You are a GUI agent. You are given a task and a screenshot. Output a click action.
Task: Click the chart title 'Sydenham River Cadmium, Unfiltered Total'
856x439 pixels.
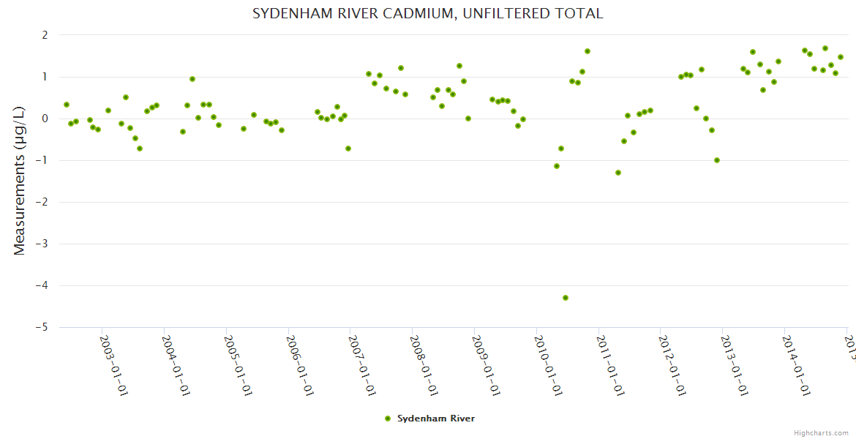(x=427, y=14)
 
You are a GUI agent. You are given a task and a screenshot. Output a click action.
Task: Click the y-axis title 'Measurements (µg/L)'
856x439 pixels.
(x=20, y=181)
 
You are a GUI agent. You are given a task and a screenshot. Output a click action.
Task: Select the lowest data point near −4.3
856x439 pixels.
(x=566, y=298)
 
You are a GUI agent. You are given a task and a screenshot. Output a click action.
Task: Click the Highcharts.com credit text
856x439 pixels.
(x=821, y=433)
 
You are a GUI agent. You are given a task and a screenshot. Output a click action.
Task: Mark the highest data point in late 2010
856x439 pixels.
(x=587, y=51)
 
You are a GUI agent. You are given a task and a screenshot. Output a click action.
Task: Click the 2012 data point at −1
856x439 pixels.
(x=717, y=160)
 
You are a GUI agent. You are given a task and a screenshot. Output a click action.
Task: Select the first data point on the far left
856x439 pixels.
(x=67, y=105)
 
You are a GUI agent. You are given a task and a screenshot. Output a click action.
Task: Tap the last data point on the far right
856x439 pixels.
(x=841, y=57)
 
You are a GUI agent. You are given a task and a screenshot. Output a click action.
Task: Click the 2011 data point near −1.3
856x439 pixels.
(x=618, y=173)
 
